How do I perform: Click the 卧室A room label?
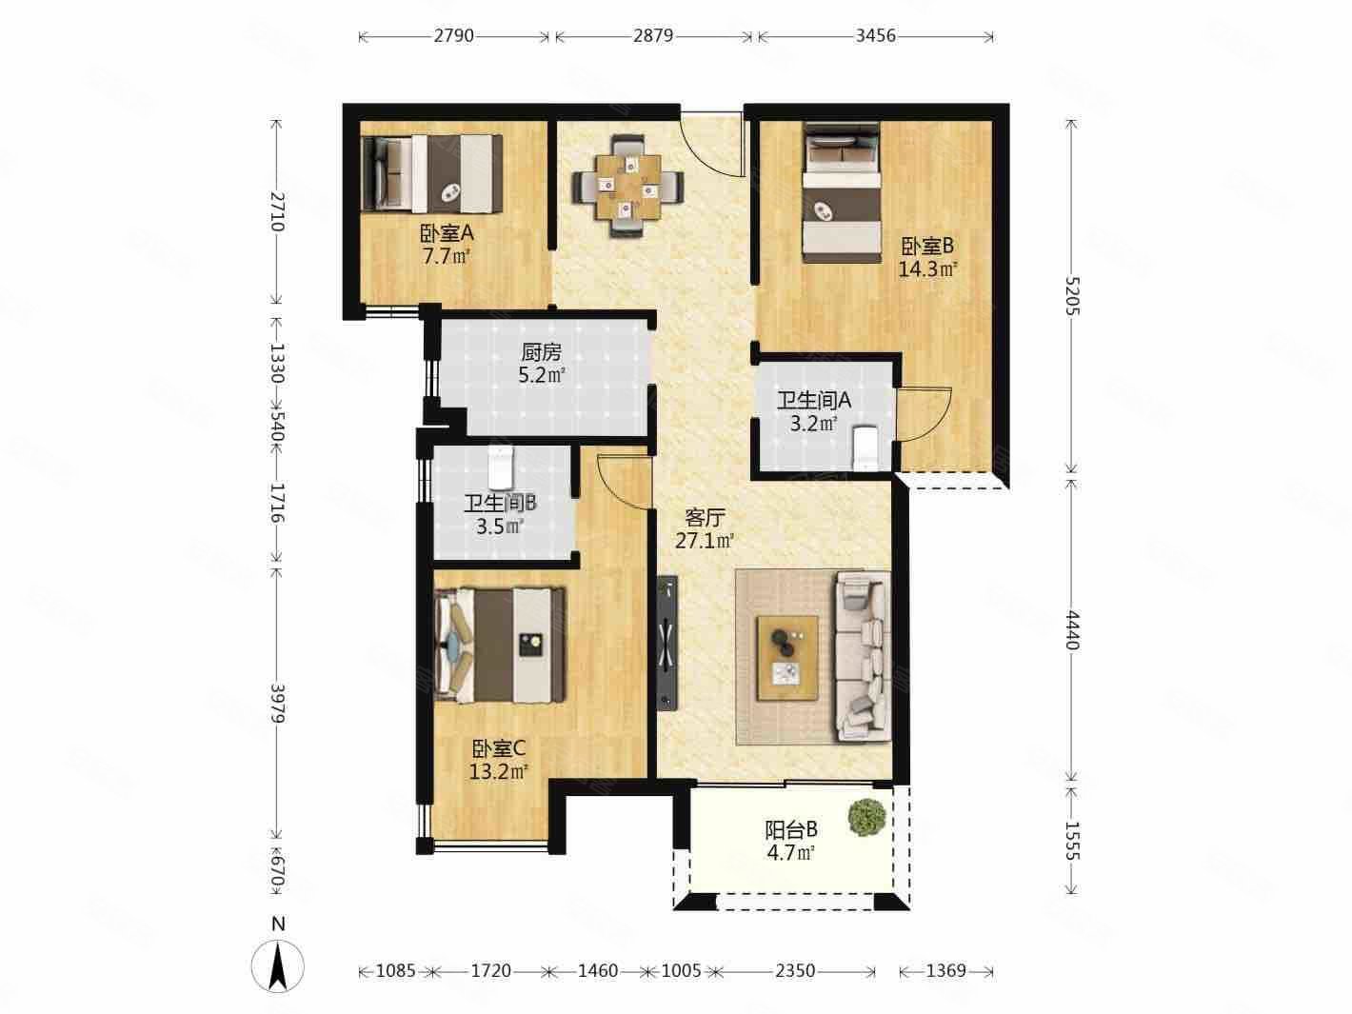click(x=447, y=234)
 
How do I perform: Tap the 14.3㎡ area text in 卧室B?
click(x=927, y=269)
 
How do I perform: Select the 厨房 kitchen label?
click(x=542, y=353)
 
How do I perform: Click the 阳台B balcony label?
click(x=791, y=830)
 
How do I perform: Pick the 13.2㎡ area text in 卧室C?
click(x=499, y=771)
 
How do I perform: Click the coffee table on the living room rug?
click(x=787, y=658)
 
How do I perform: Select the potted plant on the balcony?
click(x=866, y=817)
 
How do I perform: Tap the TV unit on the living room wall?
click(x=667, y=644)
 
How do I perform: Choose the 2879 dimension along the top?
click(x=653, y=36)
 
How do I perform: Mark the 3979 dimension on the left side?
click(x=277, y=704)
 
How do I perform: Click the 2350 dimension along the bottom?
click(x=795, y=971)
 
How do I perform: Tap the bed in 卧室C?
click(x=500, y=645)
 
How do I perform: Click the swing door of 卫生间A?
click(x=924, y=414)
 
